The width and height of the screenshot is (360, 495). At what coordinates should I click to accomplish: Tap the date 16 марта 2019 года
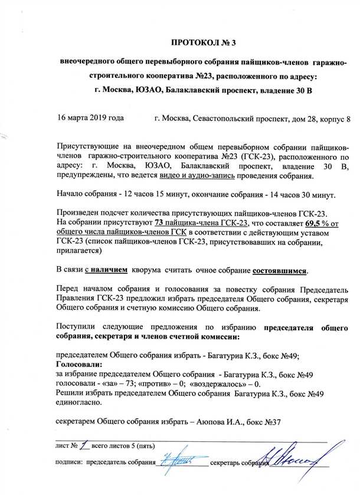(x=90, y=118)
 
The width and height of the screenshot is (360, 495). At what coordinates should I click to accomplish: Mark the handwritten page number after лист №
(x=85, y=448)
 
